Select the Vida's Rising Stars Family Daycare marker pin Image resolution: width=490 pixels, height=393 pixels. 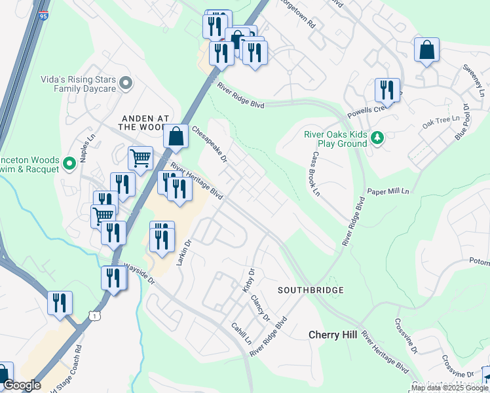click(x=126, y=83)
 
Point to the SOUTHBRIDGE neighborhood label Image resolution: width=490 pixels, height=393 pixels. click(x=310, y=290)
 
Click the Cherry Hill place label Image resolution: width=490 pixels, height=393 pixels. click(x=333, y=335)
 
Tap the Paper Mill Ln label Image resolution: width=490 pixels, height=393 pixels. click(x=388, y=191)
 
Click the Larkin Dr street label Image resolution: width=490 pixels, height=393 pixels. click(x=184, y=252)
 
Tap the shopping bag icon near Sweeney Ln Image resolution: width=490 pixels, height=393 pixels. click(x=426, y=50)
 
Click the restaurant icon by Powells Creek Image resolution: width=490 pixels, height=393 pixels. click(x=387, y=90)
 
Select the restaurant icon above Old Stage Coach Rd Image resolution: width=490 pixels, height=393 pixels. click(x=60, y=303)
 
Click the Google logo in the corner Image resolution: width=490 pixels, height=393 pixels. click(x=22, y=385)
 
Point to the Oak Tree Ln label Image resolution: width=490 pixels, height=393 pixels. click(x=436, y=122)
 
